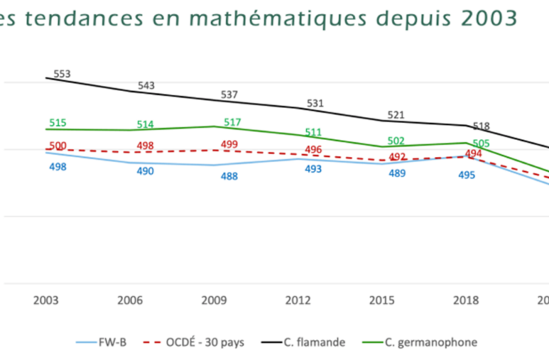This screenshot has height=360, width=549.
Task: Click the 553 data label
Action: (x=61, y=74)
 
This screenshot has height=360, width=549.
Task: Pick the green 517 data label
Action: (x=233, y=121)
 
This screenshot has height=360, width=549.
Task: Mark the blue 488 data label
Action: (x=230, y=176)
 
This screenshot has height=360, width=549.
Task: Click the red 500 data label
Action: (x=59, y=147)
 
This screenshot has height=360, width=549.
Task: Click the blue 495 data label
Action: (x=467, y=175)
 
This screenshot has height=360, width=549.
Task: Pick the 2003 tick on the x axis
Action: (x=47, y=300)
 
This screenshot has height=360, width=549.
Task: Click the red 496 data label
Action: (x=313, y=150)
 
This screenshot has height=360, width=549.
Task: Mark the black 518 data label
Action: (x=482, y=126)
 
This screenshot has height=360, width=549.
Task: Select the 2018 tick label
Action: (x=466, y=300)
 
